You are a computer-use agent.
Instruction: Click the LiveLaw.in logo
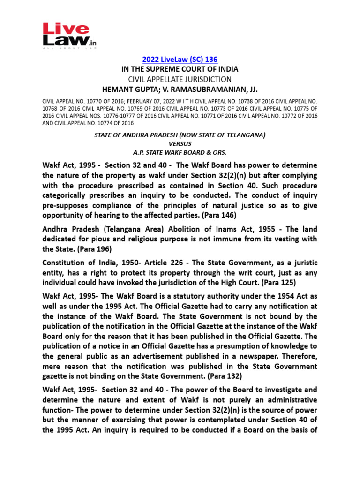coord(69,35)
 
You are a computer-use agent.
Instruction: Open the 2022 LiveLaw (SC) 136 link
coord(180,60)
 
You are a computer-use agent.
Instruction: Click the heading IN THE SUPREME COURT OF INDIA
coord(180,69)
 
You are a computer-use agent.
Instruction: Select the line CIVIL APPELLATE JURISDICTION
coord(180,79)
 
